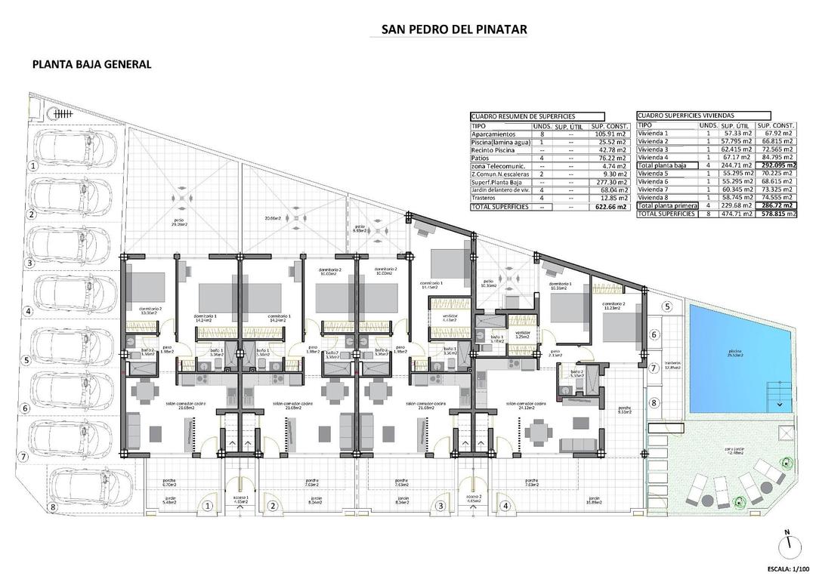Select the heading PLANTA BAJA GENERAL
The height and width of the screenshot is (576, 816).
91,64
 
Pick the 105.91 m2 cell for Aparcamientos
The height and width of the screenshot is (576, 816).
609,134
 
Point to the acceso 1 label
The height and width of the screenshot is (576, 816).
240,501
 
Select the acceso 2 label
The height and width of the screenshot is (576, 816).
474,501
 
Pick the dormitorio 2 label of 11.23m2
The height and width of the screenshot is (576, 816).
612,306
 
